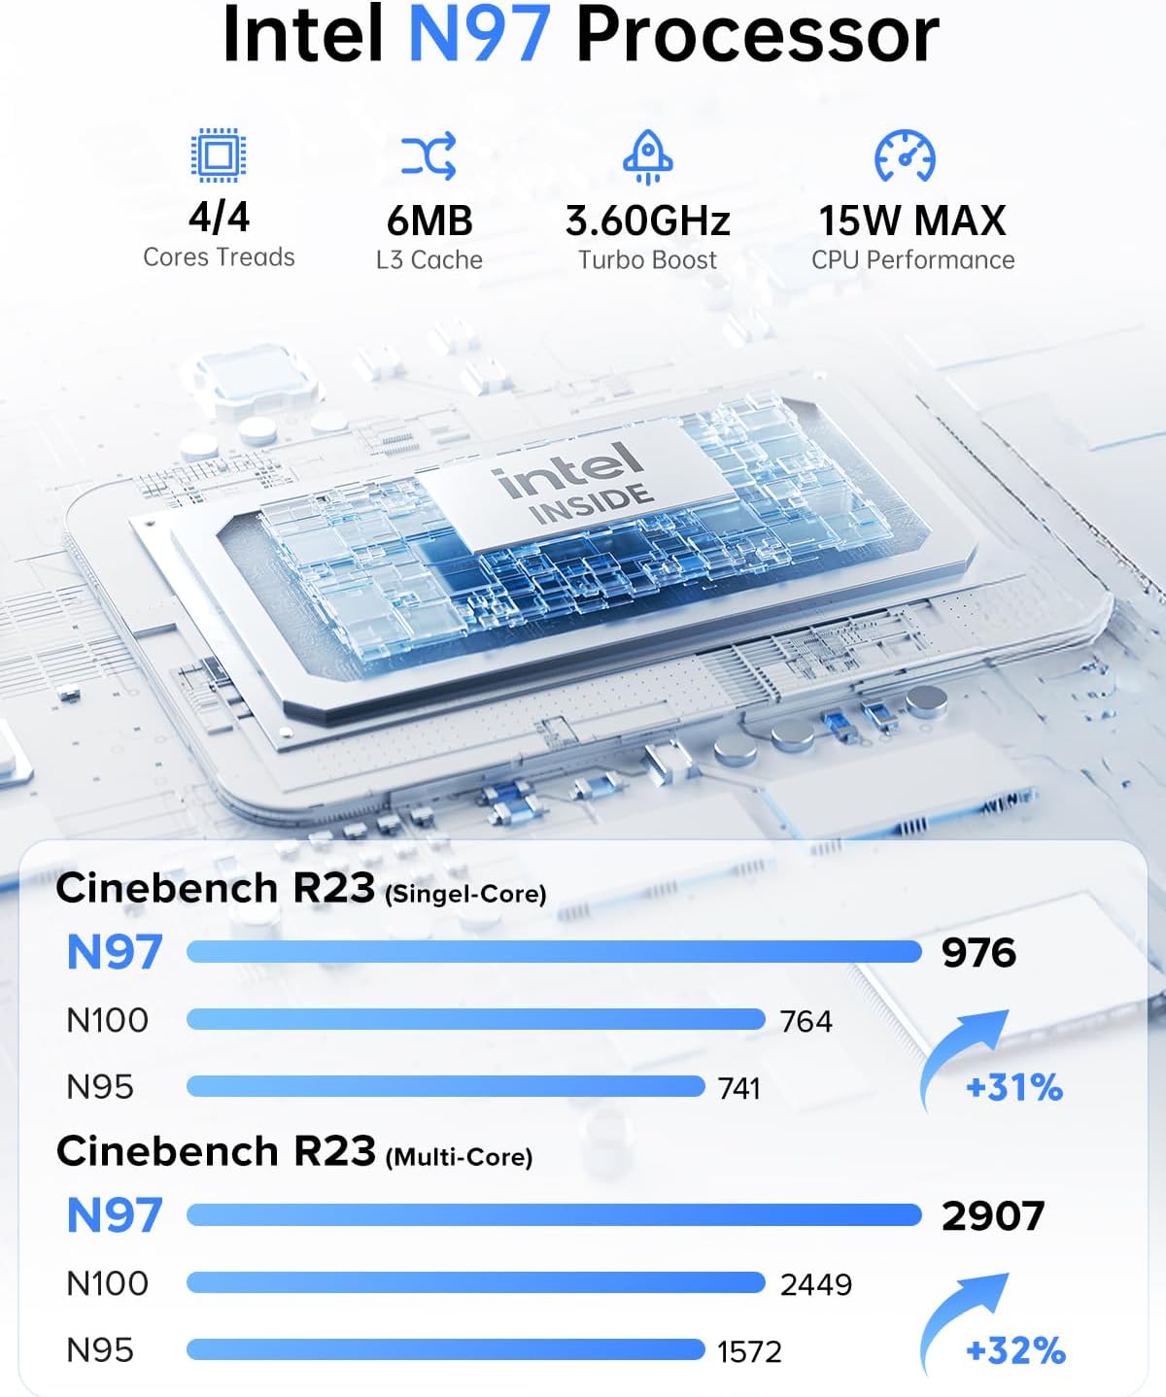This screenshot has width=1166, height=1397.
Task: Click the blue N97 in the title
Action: click(480, 35)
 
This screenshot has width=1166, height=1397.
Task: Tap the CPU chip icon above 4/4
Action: click(219, 154)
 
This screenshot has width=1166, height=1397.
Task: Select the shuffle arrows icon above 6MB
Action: click(429, 156)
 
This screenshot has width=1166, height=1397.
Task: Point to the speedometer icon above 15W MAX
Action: click(905, 156)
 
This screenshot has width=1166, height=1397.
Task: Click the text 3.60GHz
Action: click(648, 221)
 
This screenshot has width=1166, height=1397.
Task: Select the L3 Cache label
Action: click(429, 260)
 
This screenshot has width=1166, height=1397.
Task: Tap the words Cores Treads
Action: click(219, 257)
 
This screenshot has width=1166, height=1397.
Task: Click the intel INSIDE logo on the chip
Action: click(573, 483)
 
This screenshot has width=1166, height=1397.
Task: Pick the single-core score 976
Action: click(978, 953)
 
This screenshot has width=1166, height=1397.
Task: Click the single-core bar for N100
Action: click(475, 1019)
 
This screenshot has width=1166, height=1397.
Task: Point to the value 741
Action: click(738, 1088)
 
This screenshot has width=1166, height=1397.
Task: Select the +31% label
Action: click(1014, 1087)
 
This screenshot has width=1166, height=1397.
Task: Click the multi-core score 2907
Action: click(992, 1216)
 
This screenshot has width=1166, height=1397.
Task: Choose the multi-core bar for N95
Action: click(445, 1349)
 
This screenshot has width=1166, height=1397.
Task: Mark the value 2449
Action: click(816, 1284)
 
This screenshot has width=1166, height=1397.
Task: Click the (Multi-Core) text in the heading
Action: click(459, 1157)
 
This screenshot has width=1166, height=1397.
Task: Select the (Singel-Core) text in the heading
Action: click(465, 894)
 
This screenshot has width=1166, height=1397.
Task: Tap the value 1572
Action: click(749, 1351)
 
